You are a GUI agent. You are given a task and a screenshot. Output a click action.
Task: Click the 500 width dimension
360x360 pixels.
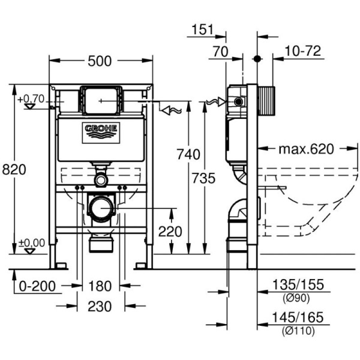pyautogui.click(x=100, y=61)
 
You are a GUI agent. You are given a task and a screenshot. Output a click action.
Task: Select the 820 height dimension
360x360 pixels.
pyautogui.click(x=14, y=170)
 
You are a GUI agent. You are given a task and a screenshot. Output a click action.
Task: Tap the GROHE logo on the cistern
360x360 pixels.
pyautogui.click(x=101, y=130)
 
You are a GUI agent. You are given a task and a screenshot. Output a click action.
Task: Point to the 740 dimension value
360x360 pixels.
pyautogui.click(x=188, y=155)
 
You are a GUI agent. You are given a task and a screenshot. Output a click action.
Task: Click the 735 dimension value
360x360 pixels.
pyautogui.click(x=205, y=178)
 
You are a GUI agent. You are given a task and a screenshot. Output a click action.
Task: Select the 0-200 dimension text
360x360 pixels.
pyautogui.click(x=36, y=286)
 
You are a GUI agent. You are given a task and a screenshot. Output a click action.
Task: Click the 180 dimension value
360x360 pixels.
pyautogui.click(x=100, y=286)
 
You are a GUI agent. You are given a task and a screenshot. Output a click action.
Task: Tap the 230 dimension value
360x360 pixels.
pyautogui.click(x=100, y=306)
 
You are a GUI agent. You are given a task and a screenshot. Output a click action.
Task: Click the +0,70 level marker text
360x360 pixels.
pyautogui.click(x=31, y=98)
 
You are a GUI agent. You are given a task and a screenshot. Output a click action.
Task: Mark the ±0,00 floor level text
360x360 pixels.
pyautogui.click(x=32, y=242)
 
